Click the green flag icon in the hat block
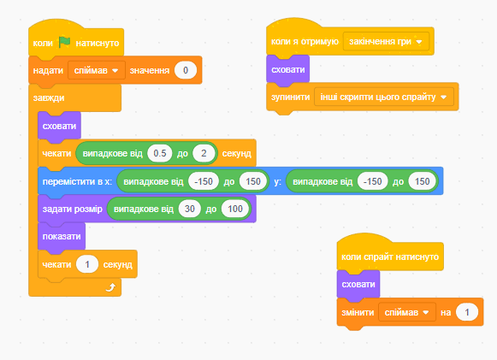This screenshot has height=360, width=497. (64, 42)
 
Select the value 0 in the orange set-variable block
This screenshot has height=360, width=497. (186, 70)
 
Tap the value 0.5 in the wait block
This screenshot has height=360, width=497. (160, 153)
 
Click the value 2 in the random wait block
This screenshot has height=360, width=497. (204, 153)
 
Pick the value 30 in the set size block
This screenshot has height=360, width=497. (190, 209)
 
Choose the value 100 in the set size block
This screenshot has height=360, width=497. (235, 209)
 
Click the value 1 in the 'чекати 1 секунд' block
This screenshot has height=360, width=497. (87, 264)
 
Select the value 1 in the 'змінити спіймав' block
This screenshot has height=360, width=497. (467, 312)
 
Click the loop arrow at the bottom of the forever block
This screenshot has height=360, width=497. (110, 287)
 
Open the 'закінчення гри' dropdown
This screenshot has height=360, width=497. (386, 42)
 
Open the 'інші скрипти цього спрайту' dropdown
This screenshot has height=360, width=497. (384, 97)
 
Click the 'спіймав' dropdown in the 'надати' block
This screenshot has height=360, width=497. (97, 70)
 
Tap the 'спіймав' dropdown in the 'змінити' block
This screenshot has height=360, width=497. (407, 312)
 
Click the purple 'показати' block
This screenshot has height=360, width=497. (62, 237)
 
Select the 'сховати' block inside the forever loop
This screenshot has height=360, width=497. (59, 126)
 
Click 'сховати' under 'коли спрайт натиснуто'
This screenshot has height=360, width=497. (358, 285)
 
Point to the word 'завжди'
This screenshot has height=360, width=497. (49, 98)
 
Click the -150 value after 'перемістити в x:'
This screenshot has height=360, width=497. (204, 181)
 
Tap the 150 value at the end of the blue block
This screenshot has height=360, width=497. (423, 181)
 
